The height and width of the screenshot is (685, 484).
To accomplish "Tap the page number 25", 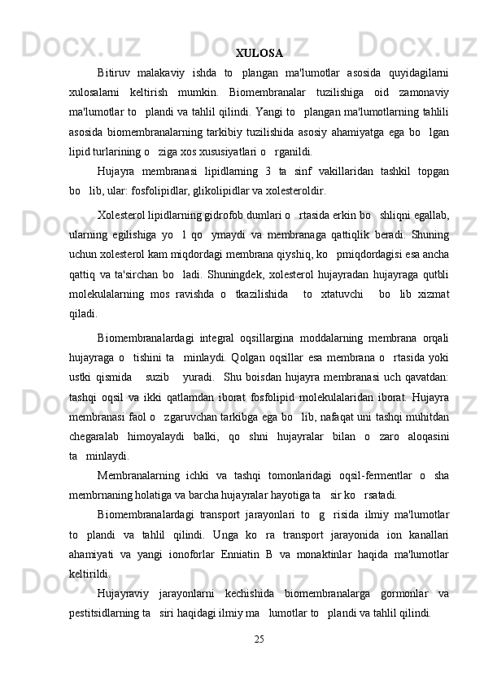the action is (259, 661).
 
